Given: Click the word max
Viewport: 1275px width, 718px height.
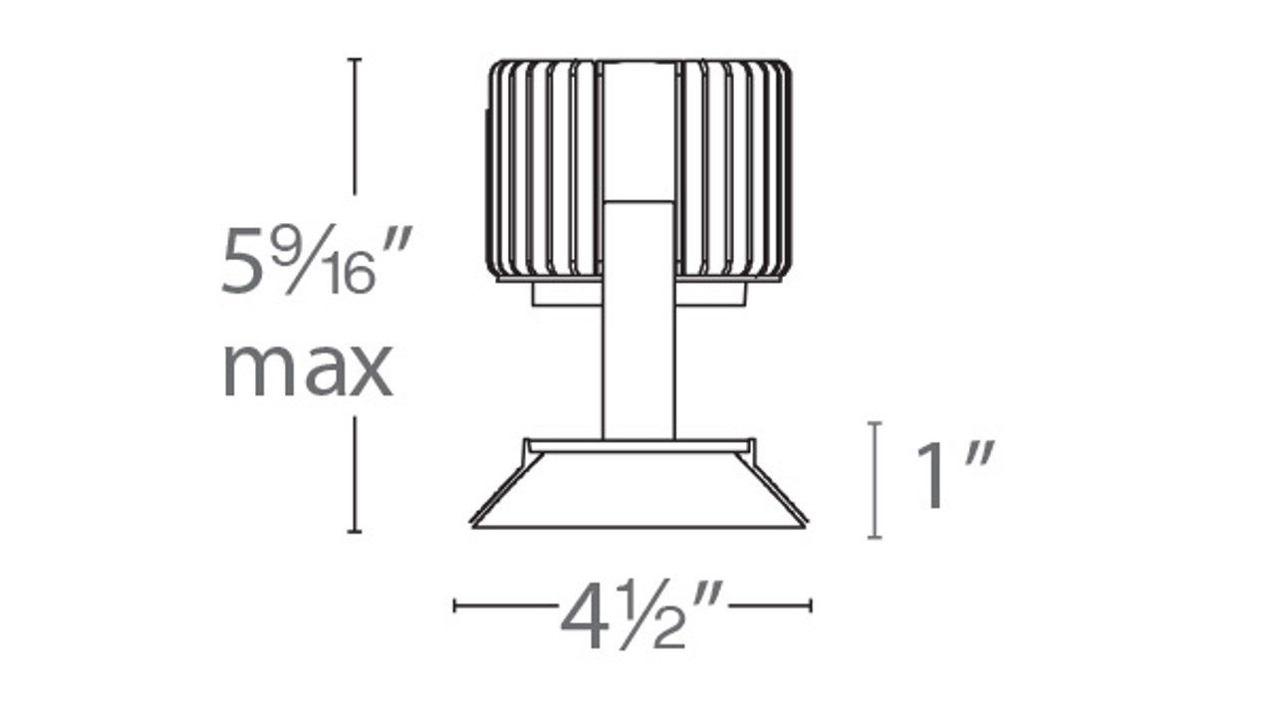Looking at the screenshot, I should (x=307, y=369).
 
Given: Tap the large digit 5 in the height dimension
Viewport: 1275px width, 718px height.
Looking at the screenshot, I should (x=243, y=261).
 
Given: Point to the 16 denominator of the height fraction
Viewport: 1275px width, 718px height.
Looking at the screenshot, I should (x=348, y=275).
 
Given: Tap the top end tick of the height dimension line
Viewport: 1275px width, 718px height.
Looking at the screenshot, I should (x=354, y=60).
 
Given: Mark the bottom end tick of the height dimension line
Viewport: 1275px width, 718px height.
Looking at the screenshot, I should (x=354, y=532).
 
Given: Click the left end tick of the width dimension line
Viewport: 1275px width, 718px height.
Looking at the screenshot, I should (x=455, y=604).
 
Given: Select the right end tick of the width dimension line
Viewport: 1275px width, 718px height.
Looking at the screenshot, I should (x=811, y=604).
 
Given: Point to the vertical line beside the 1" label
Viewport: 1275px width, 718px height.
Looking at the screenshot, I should (x=875, y=480).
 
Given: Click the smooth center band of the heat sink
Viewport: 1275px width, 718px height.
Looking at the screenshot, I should (x=638, y=129).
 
